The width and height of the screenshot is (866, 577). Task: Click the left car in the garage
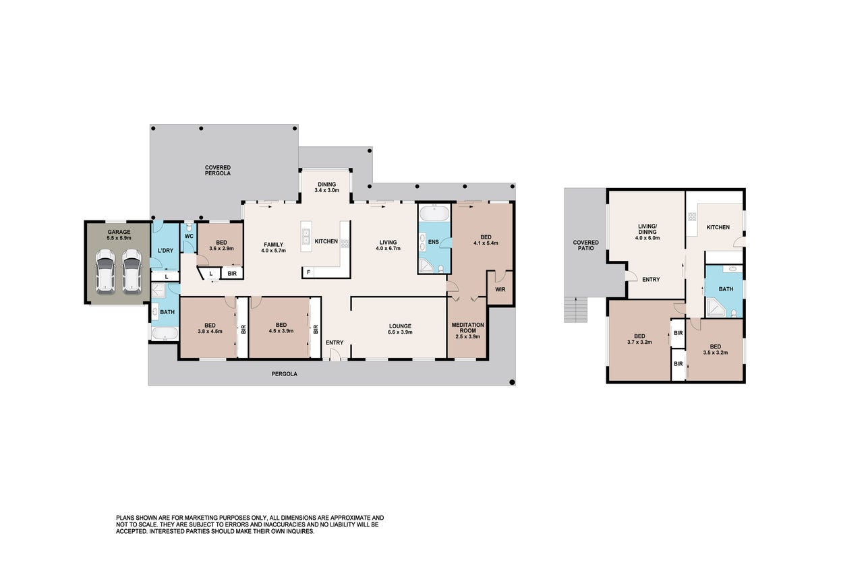click(x=105, y=270)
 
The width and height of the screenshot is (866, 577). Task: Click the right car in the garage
click(x=132, y=270)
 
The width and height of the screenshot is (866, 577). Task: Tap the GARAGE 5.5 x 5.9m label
click(x=119, y=235)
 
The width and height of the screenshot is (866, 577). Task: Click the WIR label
click(x=500, y=289)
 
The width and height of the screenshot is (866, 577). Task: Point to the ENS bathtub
click(x=435, y=213)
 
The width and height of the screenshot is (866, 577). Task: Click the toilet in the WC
click(x=189, y=226)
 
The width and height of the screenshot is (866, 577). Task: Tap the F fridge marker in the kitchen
click(x=308, y=272)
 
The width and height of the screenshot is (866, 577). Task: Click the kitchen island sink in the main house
click(x=306, y=237)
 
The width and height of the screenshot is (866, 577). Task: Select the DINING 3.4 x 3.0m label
click(x=326, y=187)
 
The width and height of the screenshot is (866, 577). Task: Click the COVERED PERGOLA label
click(x=218, y=171)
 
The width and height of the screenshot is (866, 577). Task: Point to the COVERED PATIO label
click(x=585, y=245)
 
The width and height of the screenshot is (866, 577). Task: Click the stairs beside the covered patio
click(x=576, y=309)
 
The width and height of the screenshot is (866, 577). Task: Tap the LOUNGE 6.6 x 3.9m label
click(x=400, y=329)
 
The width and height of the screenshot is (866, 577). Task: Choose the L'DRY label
click(x=165, y=251)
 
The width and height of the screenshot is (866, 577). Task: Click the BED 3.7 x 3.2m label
click(x=639, y=339)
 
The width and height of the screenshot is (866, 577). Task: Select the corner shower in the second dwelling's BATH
click(x=715, y=307)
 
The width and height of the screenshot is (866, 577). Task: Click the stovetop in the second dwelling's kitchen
click(x=691, y=216)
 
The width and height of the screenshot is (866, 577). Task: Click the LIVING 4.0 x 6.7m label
click(x=388, y=245)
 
